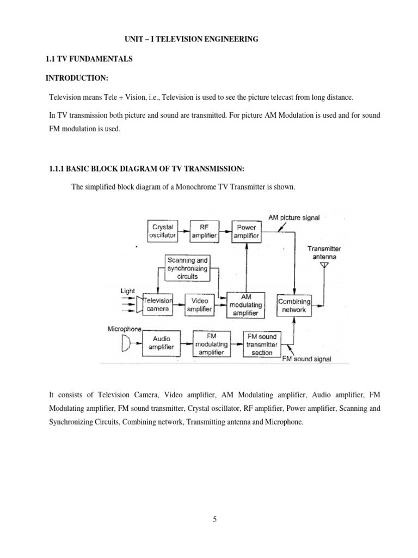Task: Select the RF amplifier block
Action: pos(204,231)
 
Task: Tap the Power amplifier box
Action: pos(246,231)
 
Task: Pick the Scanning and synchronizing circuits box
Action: pos(188,268)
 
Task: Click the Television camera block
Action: pos(157,304)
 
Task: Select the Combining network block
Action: pos(294,305)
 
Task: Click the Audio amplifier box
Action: pos(162,343)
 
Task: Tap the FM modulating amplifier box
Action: pos(212,343)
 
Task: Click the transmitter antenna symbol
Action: pos(325,266)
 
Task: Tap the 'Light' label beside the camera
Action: pos(127,292)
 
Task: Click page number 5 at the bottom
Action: pos(215,505)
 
